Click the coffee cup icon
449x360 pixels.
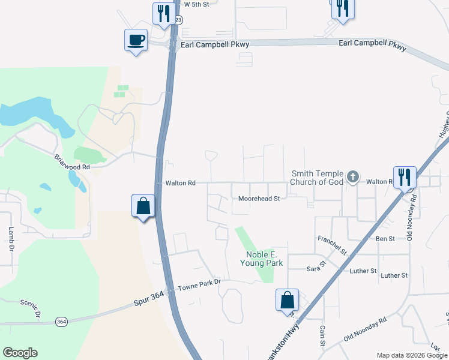[135, 40]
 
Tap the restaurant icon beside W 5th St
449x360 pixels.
[162, 13]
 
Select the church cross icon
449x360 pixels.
[353, 176]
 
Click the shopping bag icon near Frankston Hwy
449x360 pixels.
[287, 299]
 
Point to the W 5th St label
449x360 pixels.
[196, 4]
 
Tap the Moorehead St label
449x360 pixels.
[259, 198]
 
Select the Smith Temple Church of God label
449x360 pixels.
[317, 177]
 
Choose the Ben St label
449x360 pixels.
[385, 239]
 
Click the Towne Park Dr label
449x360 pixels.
[200, 281]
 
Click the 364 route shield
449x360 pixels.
[61, 322]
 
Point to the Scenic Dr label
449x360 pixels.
[31, 308]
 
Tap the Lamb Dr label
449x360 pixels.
[11, 238]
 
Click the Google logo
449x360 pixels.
[20, 353]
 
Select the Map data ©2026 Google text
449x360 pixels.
[412, 355]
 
